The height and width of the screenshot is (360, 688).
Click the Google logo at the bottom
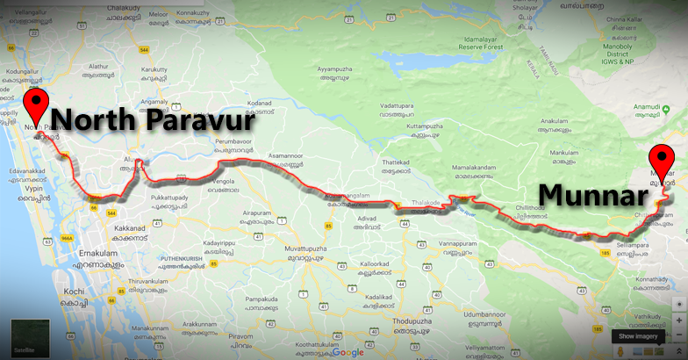pyautogui.click(x=348, y=352)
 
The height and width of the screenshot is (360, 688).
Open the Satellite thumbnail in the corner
pyautogui.click(x=25, y=338)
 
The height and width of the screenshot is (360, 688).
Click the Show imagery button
pyautogui.click(x=637, y=335)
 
